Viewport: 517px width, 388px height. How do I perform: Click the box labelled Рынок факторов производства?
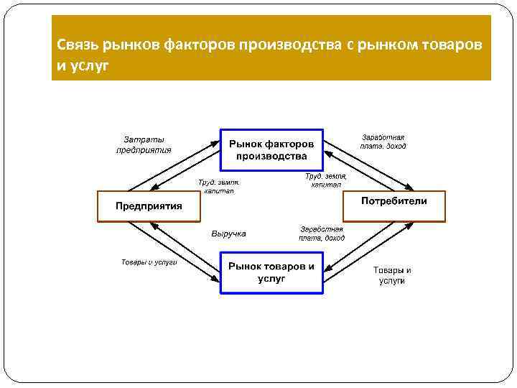(x=271, y=149)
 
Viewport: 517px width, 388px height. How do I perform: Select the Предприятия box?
(x=149, y=206)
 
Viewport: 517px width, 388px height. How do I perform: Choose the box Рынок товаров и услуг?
(x=271, y=272)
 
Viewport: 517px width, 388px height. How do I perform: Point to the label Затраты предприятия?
(x=144, y=144)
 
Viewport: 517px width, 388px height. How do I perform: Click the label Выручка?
(x=229, y=234)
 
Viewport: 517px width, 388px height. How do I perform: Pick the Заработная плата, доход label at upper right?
(x=383, y=142)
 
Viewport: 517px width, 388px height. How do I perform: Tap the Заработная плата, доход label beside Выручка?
(x=322, y=234)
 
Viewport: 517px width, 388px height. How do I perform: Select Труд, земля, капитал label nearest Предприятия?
(x=219, y=187)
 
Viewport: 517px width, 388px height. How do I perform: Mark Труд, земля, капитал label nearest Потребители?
(x=326, y=180)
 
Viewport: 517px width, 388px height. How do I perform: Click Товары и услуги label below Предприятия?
(x=149, y=262)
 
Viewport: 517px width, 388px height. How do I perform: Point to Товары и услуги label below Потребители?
(x=392, y=275)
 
